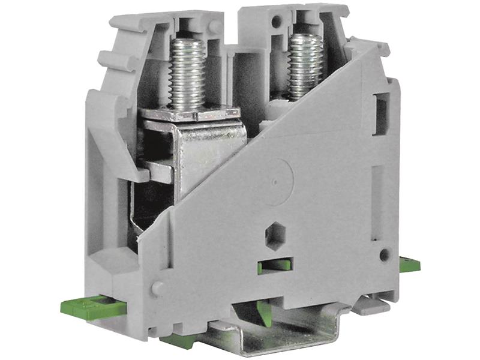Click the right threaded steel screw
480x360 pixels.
(x=305, y=65)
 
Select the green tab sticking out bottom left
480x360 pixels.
(x=90, y=308)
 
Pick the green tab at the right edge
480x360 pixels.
(x=410, y=265)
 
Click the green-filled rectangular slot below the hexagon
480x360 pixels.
(x=275, y=265)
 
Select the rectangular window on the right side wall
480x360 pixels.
(x=379, y=113)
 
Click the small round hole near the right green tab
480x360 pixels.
(x=384, y=254)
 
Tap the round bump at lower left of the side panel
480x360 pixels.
(x=158, y=289)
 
